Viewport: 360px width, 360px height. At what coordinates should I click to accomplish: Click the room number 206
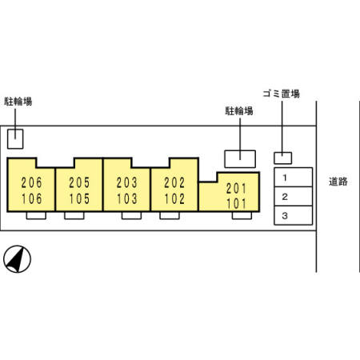(x=31, y=182)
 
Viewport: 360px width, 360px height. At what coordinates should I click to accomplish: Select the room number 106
(x=32, y=198)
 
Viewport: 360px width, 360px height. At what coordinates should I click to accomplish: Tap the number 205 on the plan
(x=79, y=182)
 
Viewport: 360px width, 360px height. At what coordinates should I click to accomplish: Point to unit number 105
(x=79, y=198)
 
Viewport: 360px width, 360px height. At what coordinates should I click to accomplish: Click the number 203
(x=127, y=182)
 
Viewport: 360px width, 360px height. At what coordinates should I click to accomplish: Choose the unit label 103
(x=127, y=198)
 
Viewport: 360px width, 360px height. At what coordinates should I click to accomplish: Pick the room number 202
(x=174, y=182)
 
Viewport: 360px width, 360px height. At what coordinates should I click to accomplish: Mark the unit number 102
(x=174, y=198)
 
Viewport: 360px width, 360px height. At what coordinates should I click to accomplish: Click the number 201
(x=236, y=189)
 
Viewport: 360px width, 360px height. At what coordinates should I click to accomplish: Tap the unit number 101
(x=236, y=204)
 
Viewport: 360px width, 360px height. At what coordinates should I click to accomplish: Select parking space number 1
(x=285, y=178)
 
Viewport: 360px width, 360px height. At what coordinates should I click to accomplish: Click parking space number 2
(x=285, y=197)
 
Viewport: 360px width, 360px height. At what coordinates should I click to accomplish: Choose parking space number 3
(x=285, y=215)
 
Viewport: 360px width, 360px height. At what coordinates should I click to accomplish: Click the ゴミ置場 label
(x=282, y=94)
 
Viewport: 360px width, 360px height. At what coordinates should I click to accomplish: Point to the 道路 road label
(x=338, y=182)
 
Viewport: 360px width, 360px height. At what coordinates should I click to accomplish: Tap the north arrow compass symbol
(x=17, y=259)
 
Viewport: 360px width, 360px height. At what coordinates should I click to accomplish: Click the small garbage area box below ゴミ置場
(x=283, y=158)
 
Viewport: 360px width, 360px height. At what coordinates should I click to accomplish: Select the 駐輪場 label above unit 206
(x=18, y=102)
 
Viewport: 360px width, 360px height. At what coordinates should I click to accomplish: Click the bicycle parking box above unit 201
(x=240, y=159)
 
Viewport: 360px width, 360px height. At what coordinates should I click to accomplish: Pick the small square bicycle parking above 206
(x=15, y=138)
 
